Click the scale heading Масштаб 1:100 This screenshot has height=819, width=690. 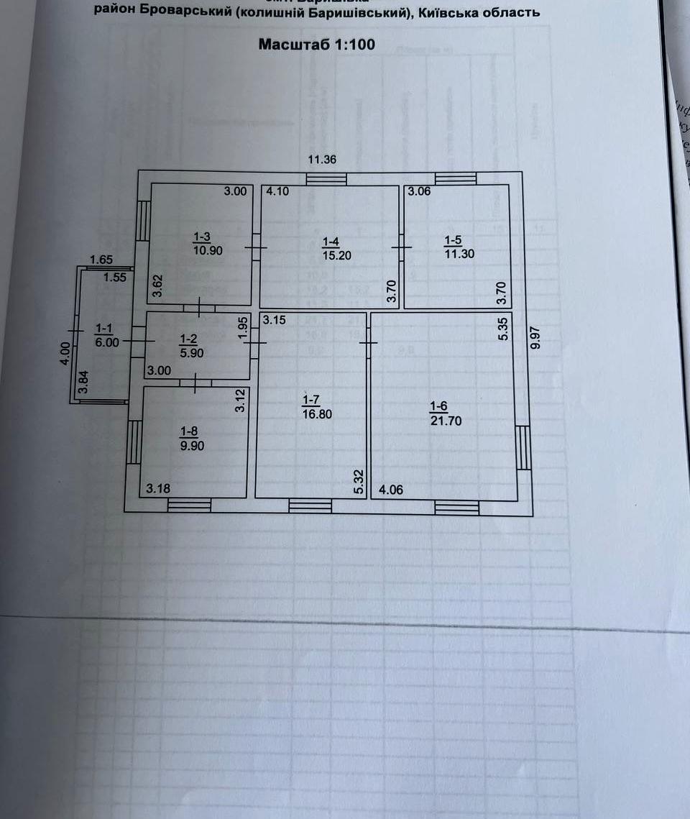click(316, 45)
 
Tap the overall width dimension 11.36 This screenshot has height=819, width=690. click(323, 160)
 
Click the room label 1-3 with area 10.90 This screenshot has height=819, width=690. click(202, 242)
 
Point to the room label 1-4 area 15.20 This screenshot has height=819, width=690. click(336, 249)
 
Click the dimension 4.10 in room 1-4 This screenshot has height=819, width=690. click(277, 192)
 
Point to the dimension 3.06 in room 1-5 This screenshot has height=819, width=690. click(420, 192)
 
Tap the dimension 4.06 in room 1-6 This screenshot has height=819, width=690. click(392, 490)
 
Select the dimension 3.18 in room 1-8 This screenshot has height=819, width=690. click(158, 490)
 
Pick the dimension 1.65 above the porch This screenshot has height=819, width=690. click(101, 260)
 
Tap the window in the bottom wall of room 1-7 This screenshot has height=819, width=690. click(310, 507)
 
